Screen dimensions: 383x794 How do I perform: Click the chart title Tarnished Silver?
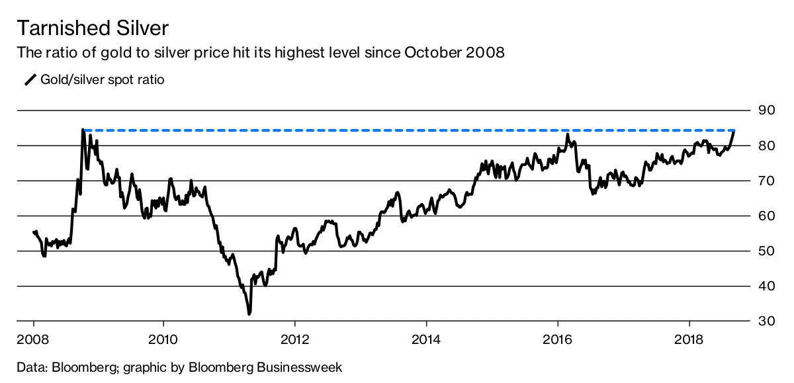click(92, 28)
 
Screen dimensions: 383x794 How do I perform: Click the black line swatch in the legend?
click(30, 80)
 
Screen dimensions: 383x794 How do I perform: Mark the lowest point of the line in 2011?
click(249, 314)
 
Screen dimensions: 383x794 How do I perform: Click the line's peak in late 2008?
click(83, 130)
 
